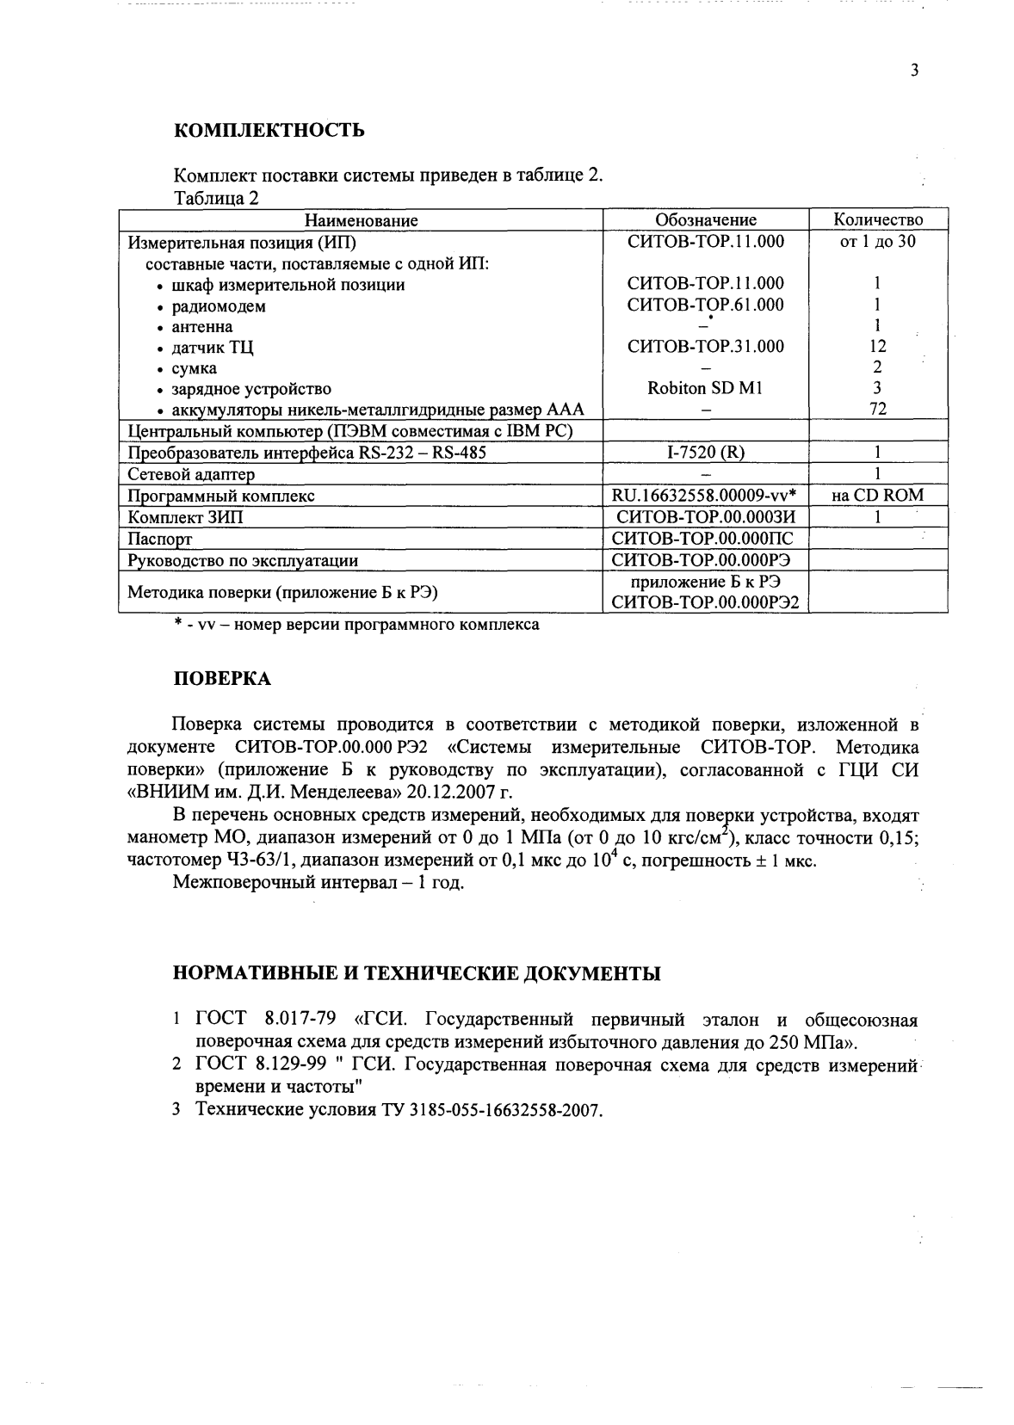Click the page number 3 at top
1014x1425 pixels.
click(x=914, y=71)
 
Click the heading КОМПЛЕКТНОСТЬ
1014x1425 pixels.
click(x=269, y=131)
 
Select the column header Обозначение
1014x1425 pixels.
click(x=705, y=220)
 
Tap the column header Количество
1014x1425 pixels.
click(x=877, y=220)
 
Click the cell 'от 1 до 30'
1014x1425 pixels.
click(x=877, y=242)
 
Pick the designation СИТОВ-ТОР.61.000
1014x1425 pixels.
click(x=705, y=305)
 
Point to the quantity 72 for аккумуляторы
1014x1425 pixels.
click(x=877, y=409)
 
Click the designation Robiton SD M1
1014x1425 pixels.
click(x=705, y=388)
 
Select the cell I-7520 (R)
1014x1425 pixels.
click(x=705, y=452)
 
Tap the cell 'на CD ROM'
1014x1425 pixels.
click(x=877, y=495)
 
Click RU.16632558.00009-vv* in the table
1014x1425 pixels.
click(x=705, y=495)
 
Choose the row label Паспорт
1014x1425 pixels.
click(x=159, y=539)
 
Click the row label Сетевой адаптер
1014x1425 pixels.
click(x=191, y=474)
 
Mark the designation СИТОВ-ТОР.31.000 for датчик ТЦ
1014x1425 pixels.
click(x=705, y=347)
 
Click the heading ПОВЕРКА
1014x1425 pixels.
click(x=222, y=679)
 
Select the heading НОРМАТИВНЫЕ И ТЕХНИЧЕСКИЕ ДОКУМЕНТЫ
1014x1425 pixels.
click(x=417, y=973)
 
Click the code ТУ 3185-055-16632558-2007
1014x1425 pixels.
click(x=485, y=1109)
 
